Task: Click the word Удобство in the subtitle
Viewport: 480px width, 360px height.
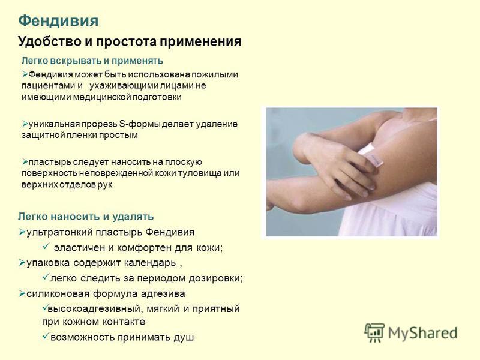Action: tap(46, 42)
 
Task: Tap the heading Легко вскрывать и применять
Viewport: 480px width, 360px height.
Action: tap(92, 61)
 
